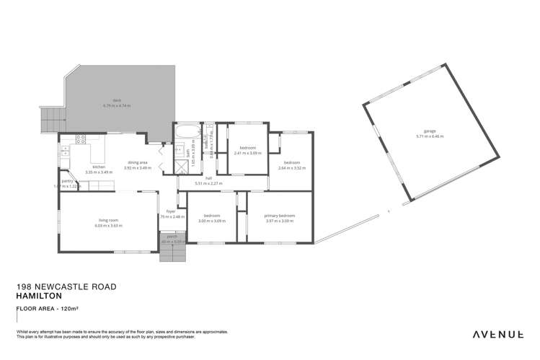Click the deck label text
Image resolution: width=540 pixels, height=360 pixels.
pos(115,100)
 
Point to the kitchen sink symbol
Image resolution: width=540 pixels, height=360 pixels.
pos(65,151)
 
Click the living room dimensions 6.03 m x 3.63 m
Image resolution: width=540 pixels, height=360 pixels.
pos(109,226)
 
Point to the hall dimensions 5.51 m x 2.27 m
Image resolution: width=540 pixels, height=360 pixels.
pos(208,183)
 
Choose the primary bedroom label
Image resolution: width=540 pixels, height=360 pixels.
pos(280,216)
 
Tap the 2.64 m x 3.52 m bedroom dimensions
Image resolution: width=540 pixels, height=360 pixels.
pos(292,167)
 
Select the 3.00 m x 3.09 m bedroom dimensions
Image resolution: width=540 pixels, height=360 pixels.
pos(211,221)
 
